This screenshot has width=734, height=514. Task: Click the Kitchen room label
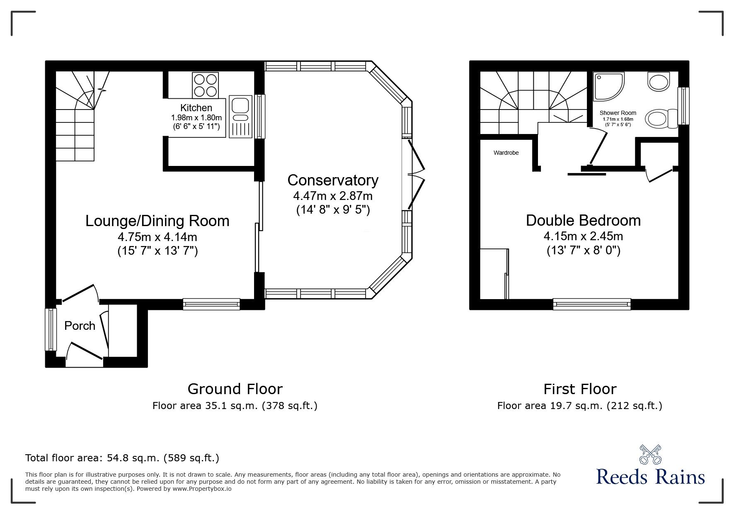click(196, 108)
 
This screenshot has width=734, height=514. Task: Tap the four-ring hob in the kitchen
click(205, 85)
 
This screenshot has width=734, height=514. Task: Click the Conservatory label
click(333, 180)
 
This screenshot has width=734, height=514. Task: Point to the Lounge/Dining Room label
click(157, 221)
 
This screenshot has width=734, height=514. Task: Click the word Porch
click(80, 326)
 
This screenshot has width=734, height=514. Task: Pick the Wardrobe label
click(506, 153)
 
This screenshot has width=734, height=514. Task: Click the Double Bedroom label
click(583, 220)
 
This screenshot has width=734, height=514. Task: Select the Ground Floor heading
click(235, 389)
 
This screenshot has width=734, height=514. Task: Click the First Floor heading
click(580, 389)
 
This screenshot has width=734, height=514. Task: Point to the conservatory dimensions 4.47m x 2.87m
click(333, 195)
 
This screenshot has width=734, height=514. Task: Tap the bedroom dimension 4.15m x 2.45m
click(583, 236)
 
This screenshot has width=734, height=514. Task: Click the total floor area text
click(122, 458)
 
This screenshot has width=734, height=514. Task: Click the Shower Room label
click(618, 113)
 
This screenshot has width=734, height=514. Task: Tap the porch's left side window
click(51, 329)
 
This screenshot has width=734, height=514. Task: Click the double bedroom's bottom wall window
click(592, 304)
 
